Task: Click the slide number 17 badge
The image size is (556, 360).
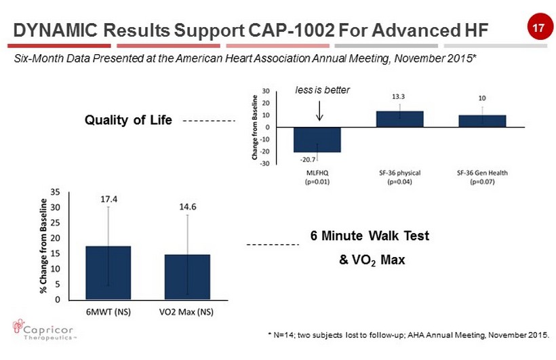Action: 538,28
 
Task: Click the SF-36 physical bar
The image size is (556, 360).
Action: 399,119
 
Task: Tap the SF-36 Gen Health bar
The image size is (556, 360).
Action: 481,121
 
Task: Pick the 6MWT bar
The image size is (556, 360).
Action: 108,273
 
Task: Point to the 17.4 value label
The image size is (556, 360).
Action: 108,199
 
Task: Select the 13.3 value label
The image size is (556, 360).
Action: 399,96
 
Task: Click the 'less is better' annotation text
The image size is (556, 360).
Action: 322,89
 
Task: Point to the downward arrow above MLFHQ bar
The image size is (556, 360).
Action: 319,110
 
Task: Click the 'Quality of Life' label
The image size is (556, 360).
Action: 127,121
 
